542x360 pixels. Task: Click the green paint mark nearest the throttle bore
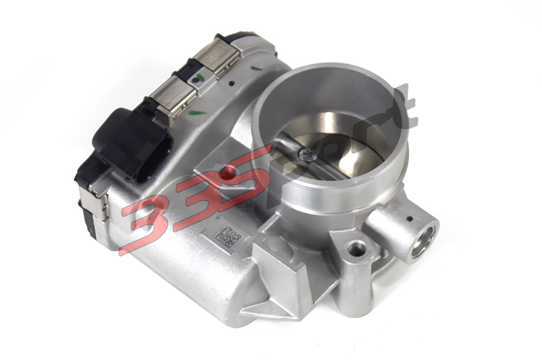point(255,68)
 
